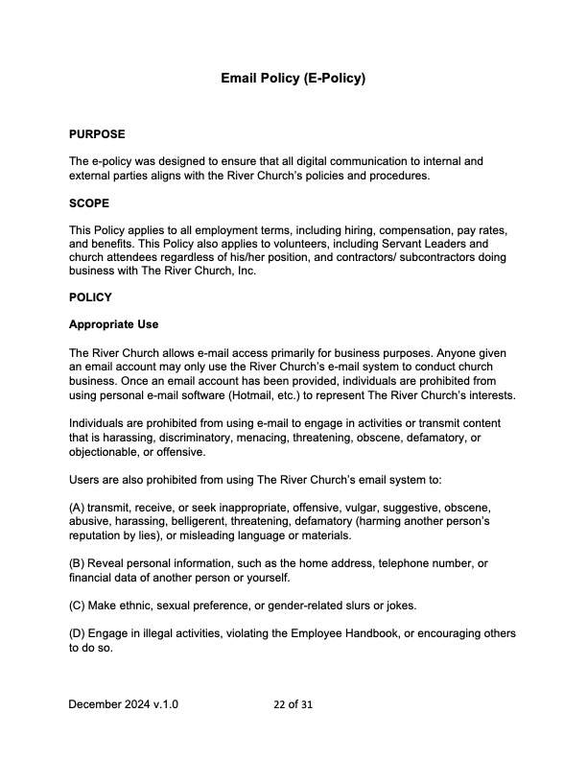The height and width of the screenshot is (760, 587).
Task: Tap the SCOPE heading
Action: (89, 204)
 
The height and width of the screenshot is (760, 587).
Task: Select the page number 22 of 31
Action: (293, 704)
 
